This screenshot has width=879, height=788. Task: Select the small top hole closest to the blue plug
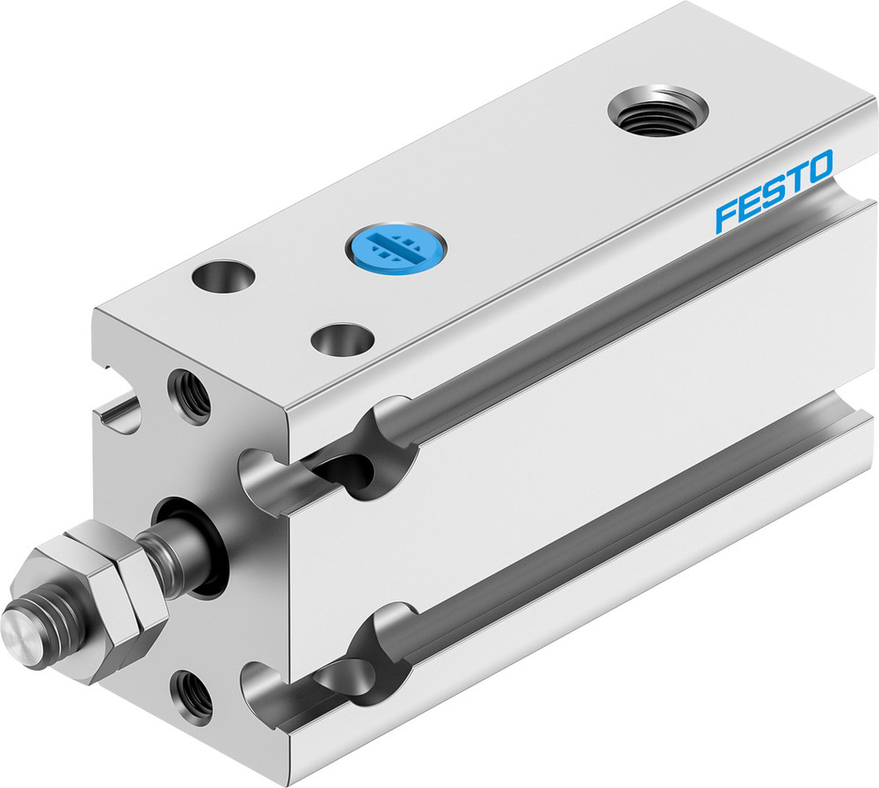(x=342, y=338)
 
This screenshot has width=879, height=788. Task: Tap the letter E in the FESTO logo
(x=752, y=204)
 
